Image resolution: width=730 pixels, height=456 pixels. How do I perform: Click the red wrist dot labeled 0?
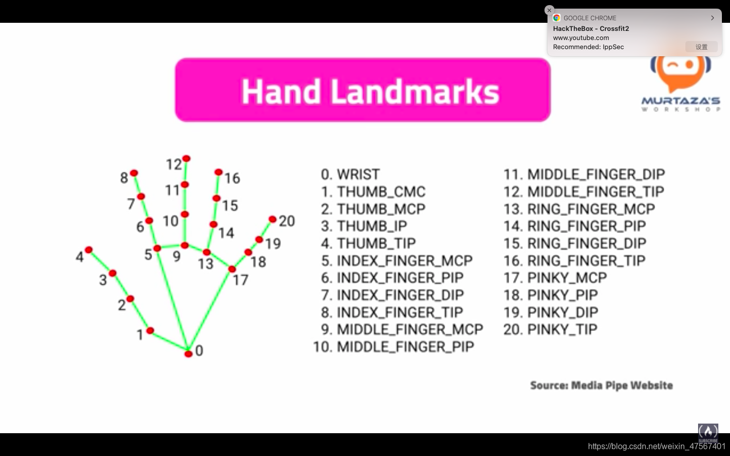coord(188,354)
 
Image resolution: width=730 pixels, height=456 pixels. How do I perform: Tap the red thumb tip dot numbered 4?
coord(89,250)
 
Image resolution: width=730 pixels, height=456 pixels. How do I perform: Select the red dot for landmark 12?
coord(186,159)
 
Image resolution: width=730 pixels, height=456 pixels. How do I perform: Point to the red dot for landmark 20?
coord(272,219)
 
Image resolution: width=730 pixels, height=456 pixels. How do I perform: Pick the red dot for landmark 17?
coord(232,269)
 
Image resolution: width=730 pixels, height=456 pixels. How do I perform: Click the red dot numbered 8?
coord(134,173)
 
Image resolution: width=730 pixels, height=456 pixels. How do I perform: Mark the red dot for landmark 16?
coord(218,172)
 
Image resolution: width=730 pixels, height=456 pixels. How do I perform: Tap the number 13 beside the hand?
coord(206,263)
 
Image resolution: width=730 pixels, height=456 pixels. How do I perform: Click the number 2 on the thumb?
coord(121,305)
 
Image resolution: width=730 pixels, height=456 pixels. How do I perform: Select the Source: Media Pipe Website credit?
coord(601,386)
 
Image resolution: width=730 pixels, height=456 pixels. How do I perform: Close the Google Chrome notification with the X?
coord(549,10)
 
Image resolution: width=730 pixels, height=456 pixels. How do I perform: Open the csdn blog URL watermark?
coord(656,446)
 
